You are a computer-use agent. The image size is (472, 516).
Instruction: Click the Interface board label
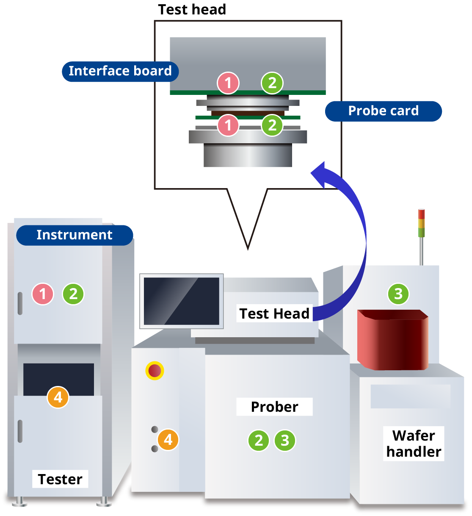pos(120,71)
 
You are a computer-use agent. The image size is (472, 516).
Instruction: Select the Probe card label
pos(383,111)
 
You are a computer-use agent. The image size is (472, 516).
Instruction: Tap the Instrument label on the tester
pos(75,235)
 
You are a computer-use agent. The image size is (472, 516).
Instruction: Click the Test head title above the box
pos(192,9)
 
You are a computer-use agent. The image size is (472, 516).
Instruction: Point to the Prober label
pos(274,407)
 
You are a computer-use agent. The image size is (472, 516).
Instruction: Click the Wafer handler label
pos(414,444)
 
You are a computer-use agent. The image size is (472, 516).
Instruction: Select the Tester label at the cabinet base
pos(60,479)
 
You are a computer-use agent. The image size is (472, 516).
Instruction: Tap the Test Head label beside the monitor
pos(274,313)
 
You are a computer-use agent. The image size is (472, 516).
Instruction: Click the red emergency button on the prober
pos(155,371)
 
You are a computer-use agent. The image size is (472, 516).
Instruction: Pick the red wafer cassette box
pos(393,340)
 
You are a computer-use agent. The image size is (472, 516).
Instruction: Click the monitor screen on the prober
pos(182,301)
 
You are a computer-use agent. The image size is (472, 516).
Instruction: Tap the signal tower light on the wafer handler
pos(421,223)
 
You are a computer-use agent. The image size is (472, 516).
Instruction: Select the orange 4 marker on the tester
pos(58,397)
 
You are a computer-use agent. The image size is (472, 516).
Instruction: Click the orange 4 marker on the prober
pos(168,440)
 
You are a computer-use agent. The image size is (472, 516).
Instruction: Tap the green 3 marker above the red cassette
pos(398,294)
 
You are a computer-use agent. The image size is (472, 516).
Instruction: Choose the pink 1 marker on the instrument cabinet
pos(43,294)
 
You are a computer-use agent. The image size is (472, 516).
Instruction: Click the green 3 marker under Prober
pos(285,441)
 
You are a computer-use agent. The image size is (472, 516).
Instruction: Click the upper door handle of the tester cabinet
pos(20,303)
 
